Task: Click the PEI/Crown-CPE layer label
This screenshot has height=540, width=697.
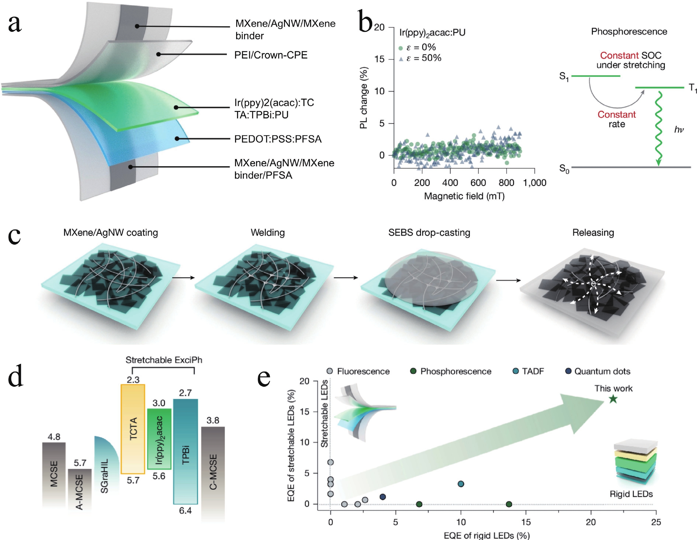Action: (x=271, y=55)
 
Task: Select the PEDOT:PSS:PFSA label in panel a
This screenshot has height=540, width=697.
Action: (x=278, y=139)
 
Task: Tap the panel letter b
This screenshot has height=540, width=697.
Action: (x=365, y=22)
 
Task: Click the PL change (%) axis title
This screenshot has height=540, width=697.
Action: (x=364, y=98)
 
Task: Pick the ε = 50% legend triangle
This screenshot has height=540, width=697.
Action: (x=401, y=58)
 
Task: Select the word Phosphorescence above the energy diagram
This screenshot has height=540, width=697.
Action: (x=629, y=32)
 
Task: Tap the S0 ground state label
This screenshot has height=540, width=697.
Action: (x=564, y=169)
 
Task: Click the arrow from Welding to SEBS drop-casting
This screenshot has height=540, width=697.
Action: (x=346, y=278)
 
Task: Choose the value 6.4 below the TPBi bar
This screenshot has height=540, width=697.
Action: (x=185, y=511)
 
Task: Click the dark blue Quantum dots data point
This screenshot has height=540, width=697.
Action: (x=383, y=497)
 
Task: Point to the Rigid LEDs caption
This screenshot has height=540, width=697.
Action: (x=631, y=494)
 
